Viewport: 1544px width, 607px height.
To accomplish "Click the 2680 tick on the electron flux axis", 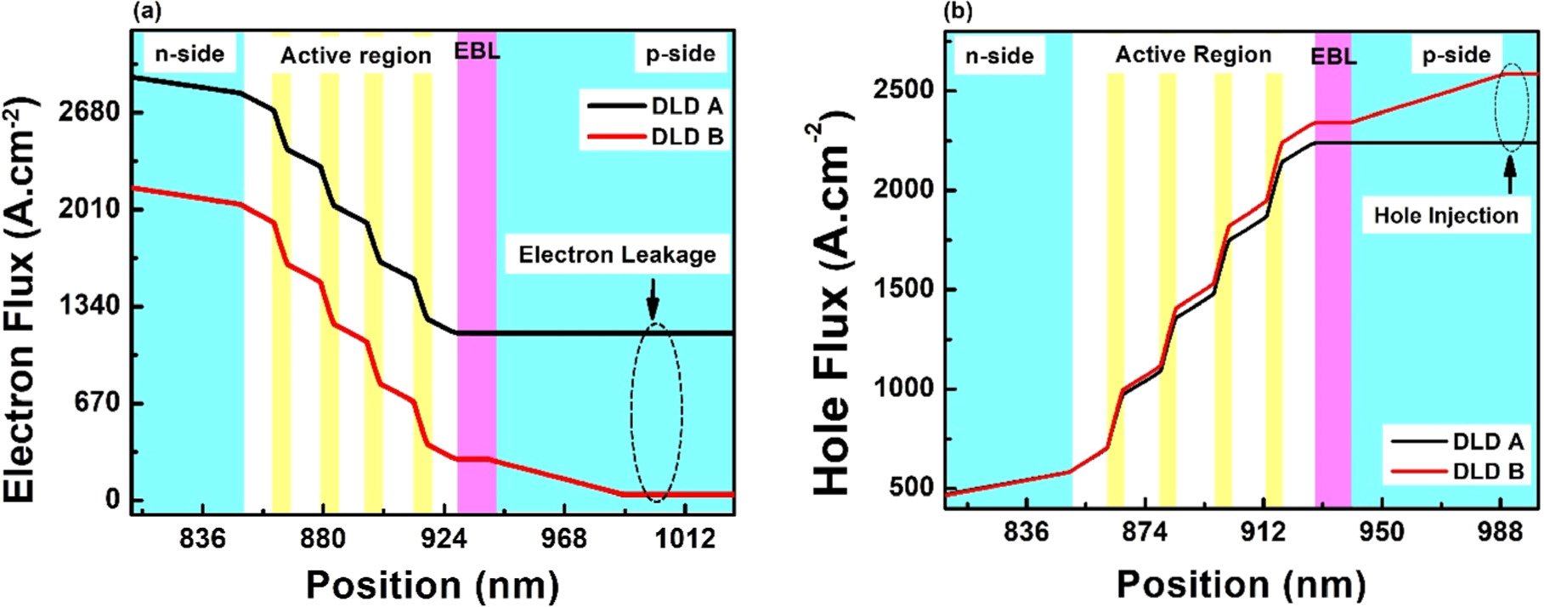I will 89,111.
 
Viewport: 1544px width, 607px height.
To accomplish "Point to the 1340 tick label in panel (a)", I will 89,305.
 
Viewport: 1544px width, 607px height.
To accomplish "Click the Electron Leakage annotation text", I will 617,255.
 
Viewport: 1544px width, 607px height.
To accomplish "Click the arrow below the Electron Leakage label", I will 653,299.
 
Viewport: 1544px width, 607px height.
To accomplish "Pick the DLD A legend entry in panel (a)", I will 655,106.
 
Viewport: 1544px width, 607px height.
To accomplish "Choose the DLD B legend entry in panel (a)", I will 655,137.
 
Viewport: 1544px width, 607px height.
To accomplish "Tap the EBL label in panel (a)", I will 477,51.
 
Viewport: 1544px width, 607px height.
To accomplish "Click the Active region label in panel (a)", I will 355,56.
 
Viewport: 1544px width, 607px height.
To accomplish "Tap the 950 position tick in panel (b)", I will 1382,532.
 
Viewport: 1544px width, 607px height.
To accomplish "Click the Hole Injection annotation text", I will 1445,216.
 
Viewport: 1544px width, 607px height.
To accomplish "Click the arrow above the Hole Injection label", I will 1510,175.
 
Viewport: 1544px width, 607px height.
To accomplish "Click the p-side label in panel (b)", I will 1456,55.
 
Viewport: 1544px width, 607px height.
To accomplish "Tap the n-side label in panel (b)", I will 999,57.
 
